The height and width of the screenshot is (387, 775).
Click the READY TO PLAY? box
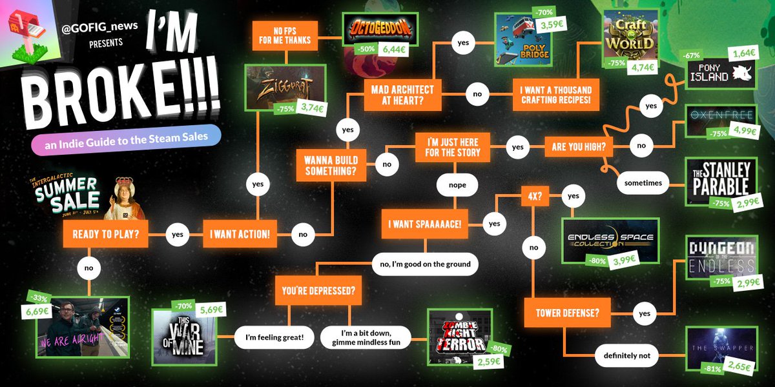click(106, 234)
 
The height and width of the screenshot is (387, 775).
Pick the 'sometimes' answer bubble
click(643, 183)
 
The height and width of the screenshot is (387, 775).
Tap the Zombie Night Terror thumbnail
click(459, 333)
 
